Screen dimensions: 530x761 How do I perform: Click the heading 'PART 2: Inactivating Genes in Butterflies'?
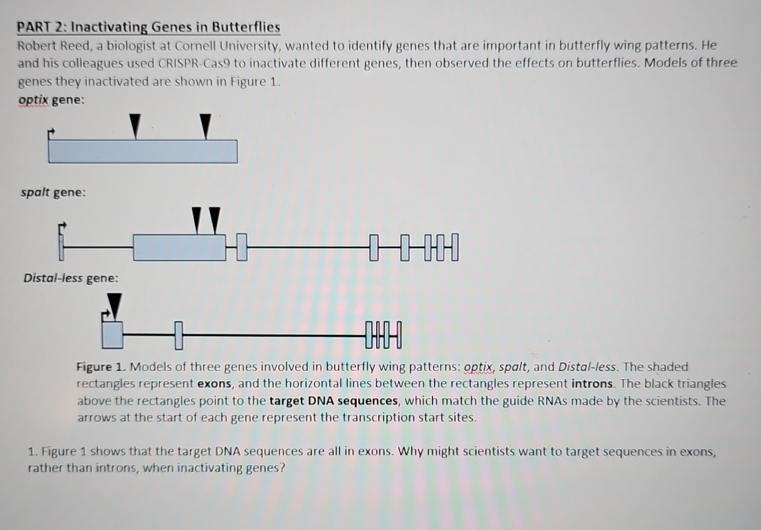[149, 28]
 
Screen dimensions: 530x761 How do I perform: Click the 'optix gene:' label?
[52, 99]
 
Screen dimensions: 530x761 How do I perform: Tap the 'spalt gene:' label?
[53, 192]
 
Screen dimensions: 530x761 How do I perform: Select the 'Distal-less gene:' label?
[70, 278]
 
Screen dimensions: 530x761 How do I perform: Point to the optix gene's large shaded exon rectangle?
[143, 151]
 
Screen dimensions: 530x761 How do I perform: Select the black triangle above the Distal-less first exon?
[115, 305]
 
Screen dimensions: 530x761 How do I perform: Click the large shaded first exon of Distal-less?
[112, 334]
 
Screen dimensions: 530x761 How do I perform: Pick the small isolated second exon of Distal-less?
[177, 336]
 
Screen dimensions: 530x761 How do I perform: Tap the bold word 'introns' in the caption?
[595, 384]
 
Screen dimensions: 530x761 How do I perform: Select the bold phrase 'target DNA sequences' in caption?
[333, 401]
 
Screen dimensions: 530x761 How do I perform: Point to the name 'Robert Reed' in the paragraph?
[49, 46]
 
